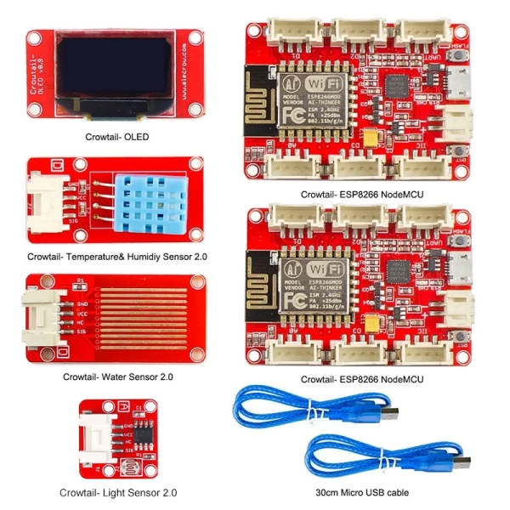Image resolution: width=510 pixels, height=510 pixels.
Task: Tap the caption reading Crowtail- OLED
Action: click(x=120, y=135)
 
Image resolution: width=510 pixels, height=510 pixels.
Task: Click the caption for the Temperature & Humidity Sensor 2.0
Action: click(x=118, y=254)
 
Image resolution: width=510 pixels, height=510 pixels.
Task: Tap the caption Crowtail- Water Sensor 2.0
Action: click(x=119, y=375)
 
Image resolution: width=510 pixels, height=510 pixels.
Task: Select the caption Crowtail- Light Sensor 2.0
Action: click(x=118, y=492)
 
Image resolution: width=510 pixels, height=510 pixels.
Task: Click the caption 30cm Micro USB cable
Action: click(x=361, y=492)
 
